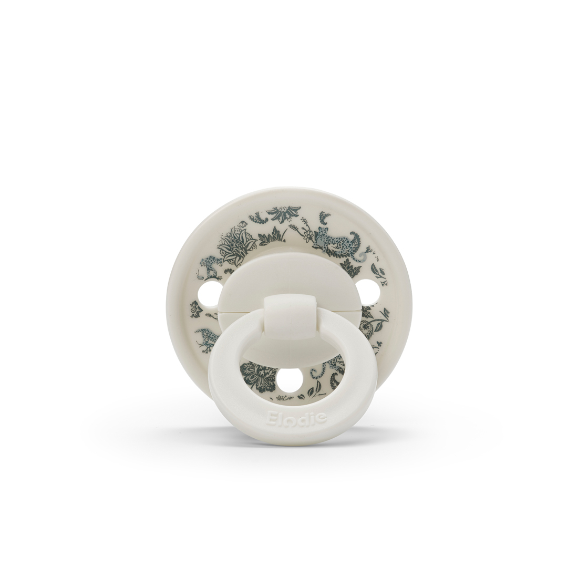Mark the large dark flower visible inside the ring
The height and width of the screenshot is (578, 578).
coord(259,377)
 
